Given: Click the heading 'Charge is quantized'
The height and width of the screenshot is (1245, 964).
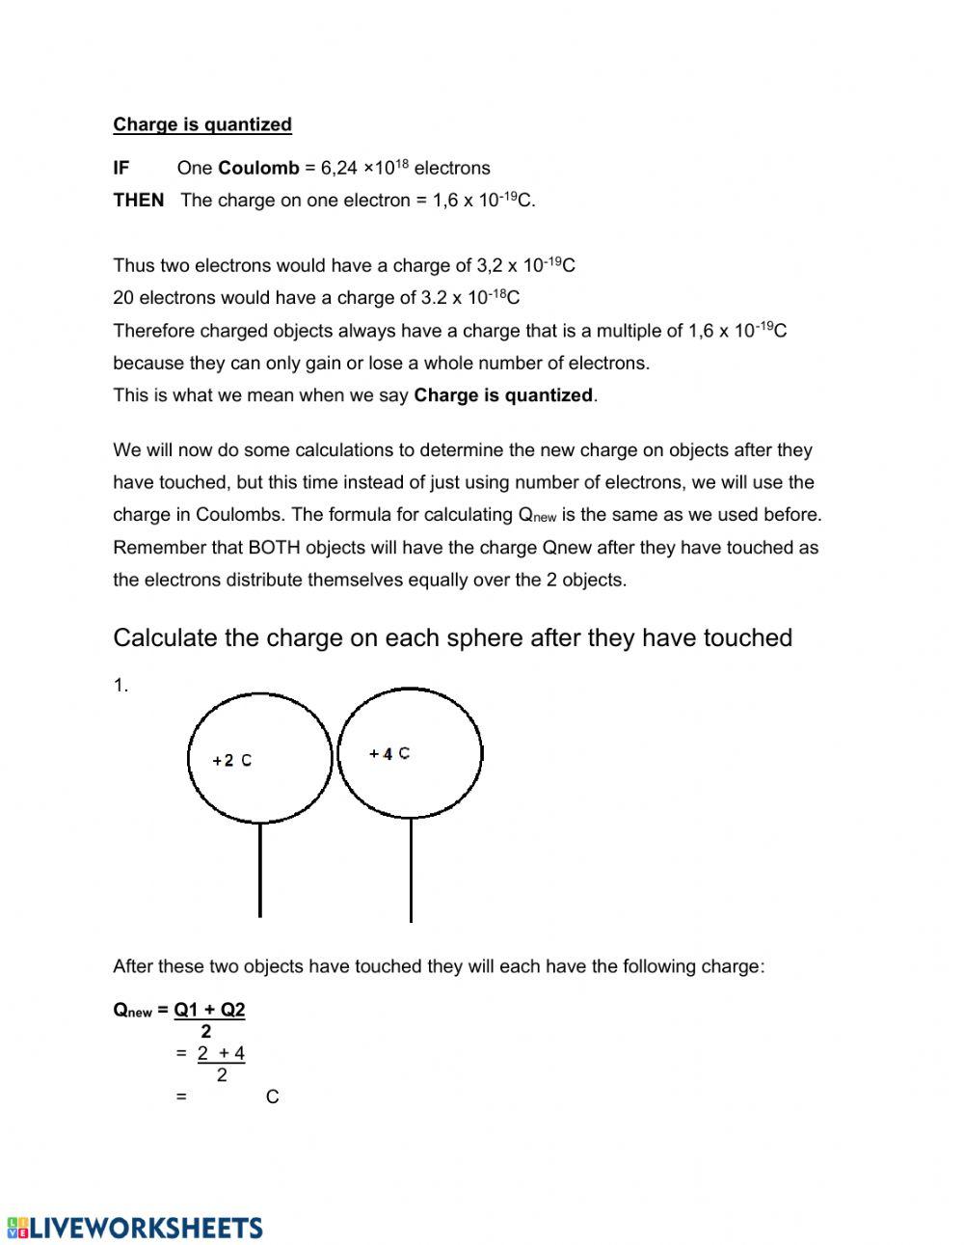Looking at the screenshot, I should click(201, 124).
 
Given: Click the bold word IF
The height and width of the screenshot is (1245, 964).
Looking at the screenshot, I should click(120, 168).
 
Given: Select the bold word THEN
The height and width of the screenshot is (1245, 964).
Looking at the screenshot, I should click(138, 201).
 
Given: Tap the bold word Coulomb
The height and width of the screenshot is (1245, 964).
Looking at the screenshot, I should click(258, 168).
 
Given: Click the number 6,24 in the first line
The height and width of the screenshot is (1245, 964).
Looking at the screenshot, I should click(338, 168).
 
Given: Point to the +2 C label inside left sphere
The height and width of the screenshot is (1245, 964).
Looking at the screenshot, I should click(232, 761).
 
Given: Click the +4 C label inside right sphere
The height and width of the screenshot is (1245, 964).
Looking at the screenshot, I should click(389, 753).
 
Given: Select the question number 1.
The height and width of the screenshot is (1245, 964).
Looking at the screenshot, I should click(120, 686).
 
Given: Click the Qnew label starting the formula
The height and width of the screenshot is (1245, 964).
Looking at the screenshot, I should click(132, 1011).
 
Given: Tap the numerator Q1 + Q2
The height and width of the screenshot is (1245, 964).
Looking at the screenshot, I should click(209, 1010).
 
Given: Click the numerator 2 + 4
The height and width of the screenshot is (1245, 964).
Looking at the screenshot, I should click(221, 1053).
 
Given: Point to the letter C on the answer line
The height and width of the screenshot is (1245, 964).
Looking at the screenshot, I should click(272, 1097).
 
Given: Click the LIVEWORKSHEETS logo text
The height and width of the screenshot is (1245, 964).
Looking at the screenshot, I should click(145, 1228).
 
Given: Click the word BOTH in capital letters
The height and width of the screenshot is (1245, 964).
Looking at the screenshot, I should click(275, 548).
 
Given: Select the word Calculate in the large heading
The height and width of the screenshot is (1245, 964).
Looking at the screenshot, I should click(160, 638).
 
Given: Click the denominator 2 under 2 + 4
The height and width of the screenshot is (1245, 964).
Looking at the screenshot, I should click(222, 1074).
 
